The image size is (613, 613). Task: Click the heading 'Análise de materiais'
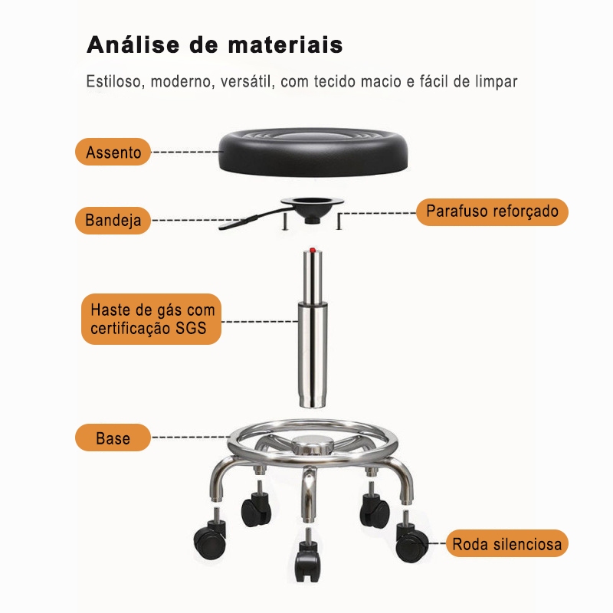215,44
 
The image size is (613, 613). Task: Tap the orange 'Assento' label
113,152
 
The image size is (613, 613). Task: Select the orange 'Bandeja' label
113,221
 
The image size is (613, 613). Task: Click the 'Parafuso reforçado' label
492,211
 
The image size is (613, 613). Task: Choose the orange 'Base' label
113,439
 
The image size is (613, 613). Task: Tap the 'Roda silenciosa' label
506,545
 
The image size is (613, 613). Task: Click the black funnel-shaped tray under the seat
310,207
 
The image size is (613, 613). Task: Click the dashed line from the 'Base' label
188,439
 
